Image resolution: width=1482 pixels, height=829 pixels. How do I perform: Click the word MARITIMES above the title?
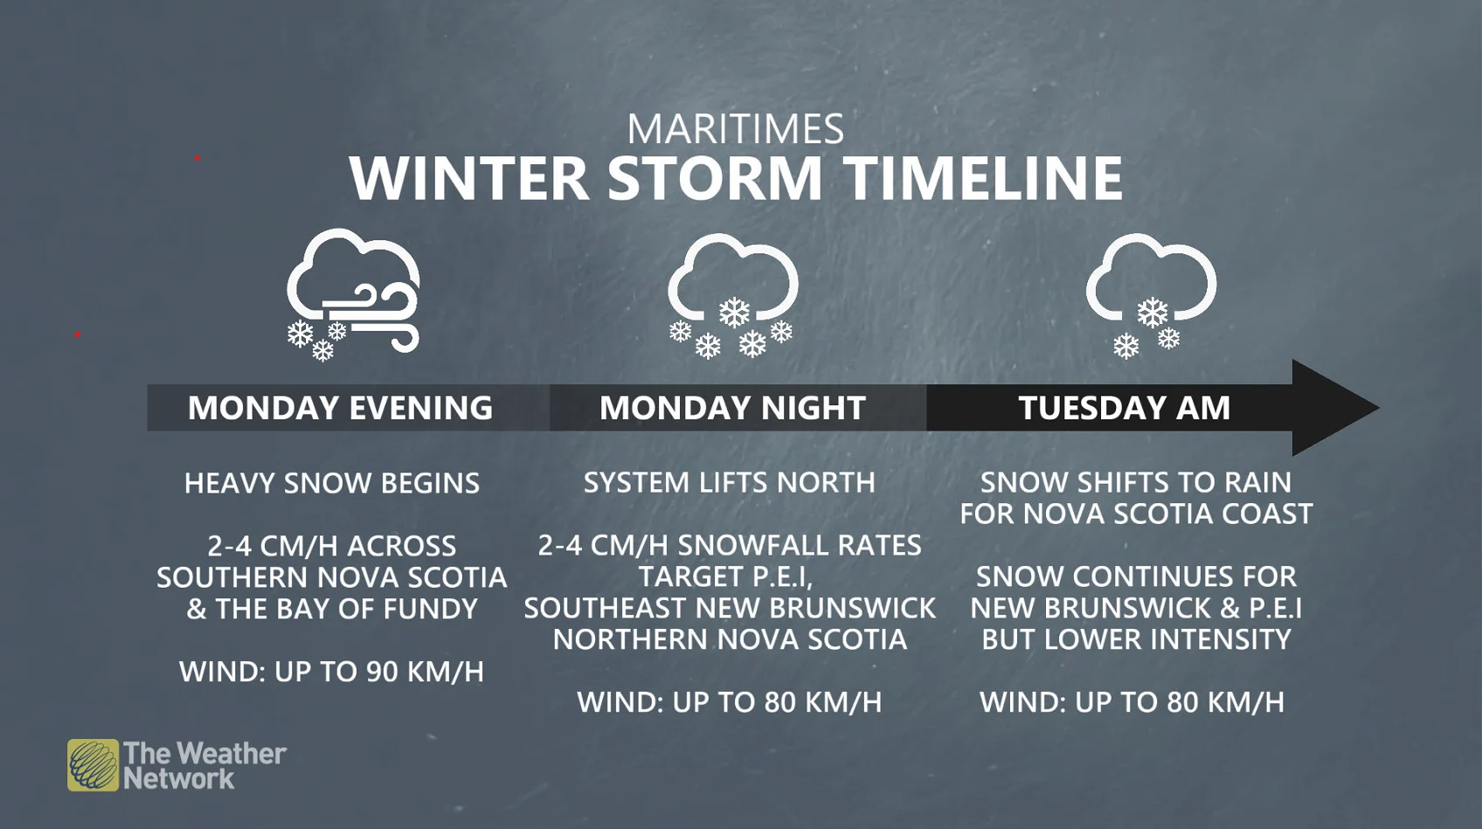click(735, 130)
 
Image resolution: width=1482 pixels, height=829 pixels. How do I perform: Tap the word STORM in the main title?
click(714, 178)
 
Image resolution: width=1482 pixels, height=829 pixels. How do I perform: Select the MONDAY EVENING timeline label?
click(340, 408)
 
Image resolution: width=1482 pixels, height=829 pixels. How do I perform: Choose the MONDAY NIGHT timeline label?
click(732, 408)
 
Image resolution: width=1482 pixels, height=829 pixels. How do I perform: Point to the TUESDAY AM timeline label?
click(1124, 408)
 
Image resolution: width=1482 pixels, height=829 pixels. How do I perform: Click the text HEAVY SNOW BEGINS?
click(332, 483)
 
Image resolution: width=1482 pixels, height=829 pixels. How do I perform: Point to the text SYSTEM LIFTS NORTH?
click(730, 482)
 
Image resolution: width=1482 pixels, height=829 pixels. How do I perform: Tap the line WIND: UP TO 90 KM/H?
click(331, 672)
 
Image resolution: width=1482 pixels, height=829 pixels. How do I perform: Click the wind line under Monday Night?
click(730, 702)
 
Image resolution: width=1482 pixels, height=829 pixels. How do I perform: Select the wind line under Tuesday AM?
click(1132, 702)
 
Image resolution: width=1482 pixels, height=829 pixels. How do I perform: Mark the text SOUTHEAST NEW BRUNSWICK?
click(730, 608)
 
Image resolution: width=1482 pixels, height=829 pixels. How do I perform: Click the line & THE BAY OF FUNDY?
click(332, 609)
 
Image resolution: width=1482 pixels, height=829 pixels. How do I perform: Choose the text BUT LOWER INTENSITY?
click(1136, 639)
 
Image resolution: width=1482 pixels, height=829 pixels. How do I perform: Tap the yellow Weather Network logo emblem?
click(93, 765)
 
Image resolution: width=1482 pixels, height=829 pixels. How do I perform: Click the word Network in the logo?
click(179, 779)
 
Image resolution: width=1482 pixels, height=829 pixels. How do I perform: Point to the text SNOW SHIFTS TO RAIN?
click(1135, 482)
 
